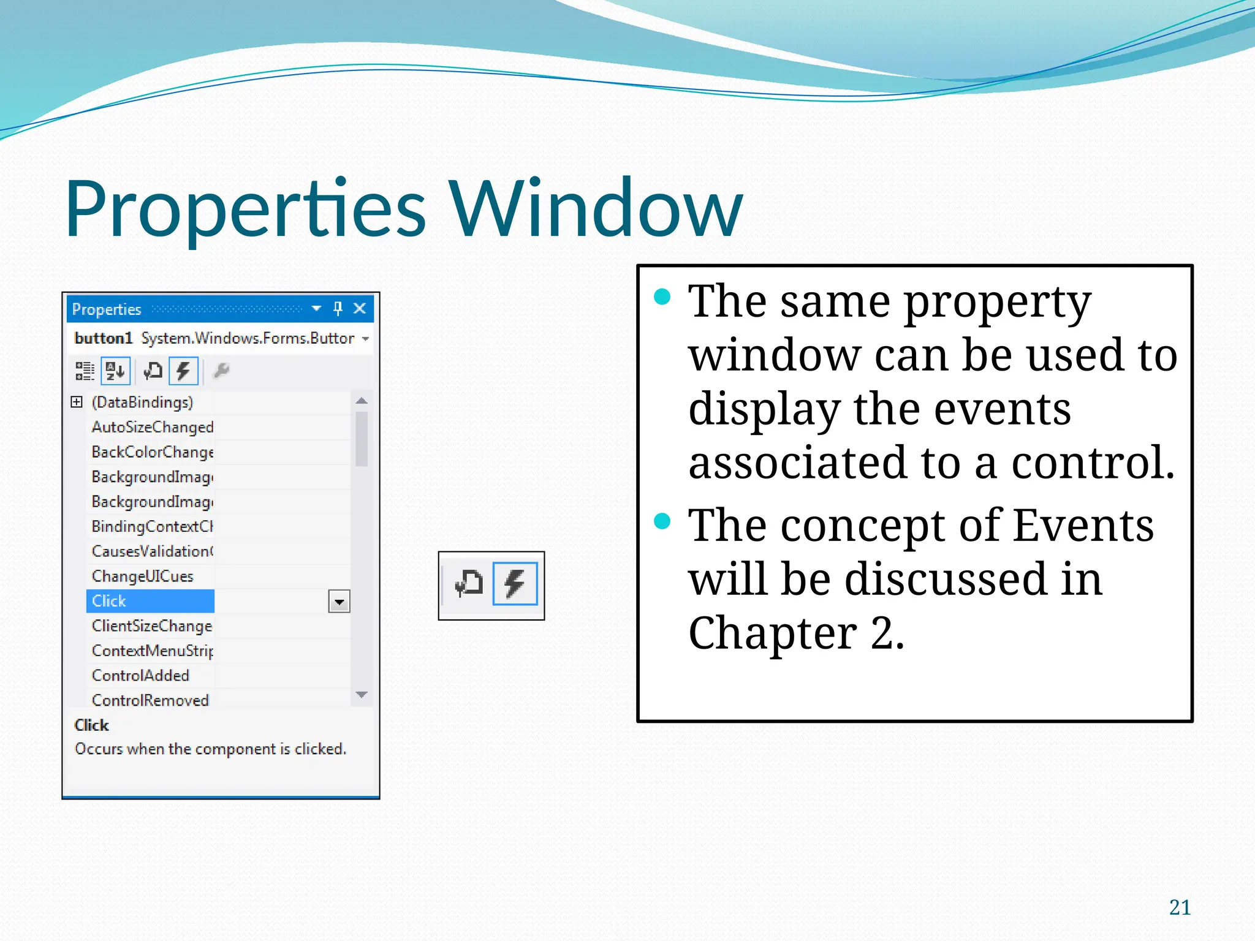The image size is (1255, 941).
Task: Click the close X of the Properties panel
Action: (x=360, y=308)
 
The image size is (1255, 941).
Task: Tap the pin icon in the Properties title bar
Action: (x=338, y=308)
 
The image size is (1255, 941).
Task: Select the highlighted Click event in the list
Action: (x=150, y=601)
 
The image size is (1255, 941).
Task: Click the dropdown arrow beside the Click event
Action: (x=339, y=602)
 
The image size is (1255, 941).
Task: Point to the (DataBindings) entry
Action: (x=142, y=402)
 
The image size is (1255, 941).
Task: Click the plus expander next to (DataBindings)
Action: (x=77, y=402)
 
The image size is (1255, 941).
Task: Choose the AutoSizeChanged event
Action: (x=152, y=427)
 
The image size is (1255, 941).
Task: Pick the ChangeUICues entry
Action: (x=142, y=576)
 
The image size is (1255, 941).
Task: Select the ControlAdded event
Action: (x=140, y=676)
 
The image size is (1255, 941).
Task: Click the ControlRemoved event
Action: (x=150, y=700)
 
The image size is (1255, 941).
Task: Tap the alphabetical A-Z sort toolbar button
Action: (x=115, y=371)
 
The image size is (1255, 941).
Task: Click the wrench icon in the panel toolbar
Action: (x=221, y=371)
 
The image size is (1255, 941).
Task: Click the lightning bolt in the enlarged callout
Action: (x=515, y=583)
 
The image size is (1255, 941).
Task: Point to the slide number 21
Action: (x=1180, y=907)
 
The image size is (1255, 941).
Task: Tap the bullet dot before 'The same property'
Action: (x=662, y=297)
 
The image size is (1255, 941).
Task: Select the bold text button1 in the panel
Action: (x=103, y=338)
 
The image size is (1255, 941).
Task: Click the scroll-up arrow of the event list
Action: (x=362, y=401)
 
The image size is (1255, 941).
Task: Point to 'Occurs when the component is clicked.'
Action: (x=210, y=749)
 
